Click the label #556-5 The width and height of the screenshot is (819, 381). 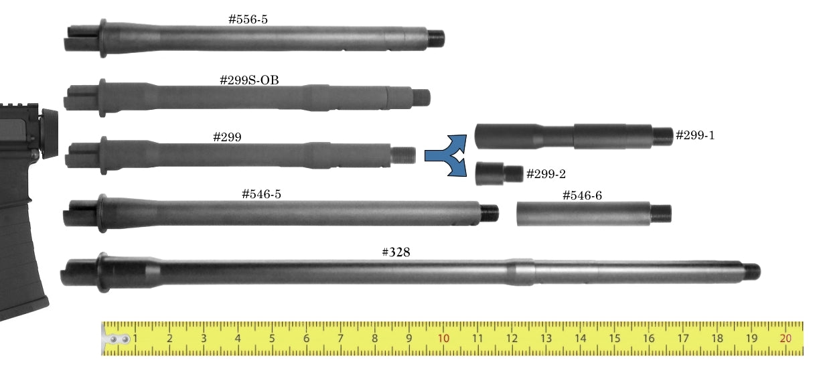click(248, 19)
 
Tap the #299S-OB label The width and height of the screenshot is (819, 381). click(249, 80)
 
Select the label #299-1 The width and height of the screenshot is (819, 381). click(694, 135)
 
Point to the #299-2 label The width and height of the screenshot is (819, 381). click(546, 173)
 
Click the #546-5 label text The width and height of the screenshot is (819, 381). click(261, 194)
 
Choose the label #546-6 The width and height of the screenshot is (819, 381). click(582, 196)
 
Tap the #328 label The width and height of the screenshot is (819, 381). click(396, 252)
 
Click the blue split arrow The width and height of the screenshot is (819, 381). click(446, 156)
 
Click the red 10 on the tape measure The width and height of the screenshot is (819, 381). click(443, 338)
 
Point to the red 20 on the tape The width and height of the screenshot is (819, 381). click(786, 338)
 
